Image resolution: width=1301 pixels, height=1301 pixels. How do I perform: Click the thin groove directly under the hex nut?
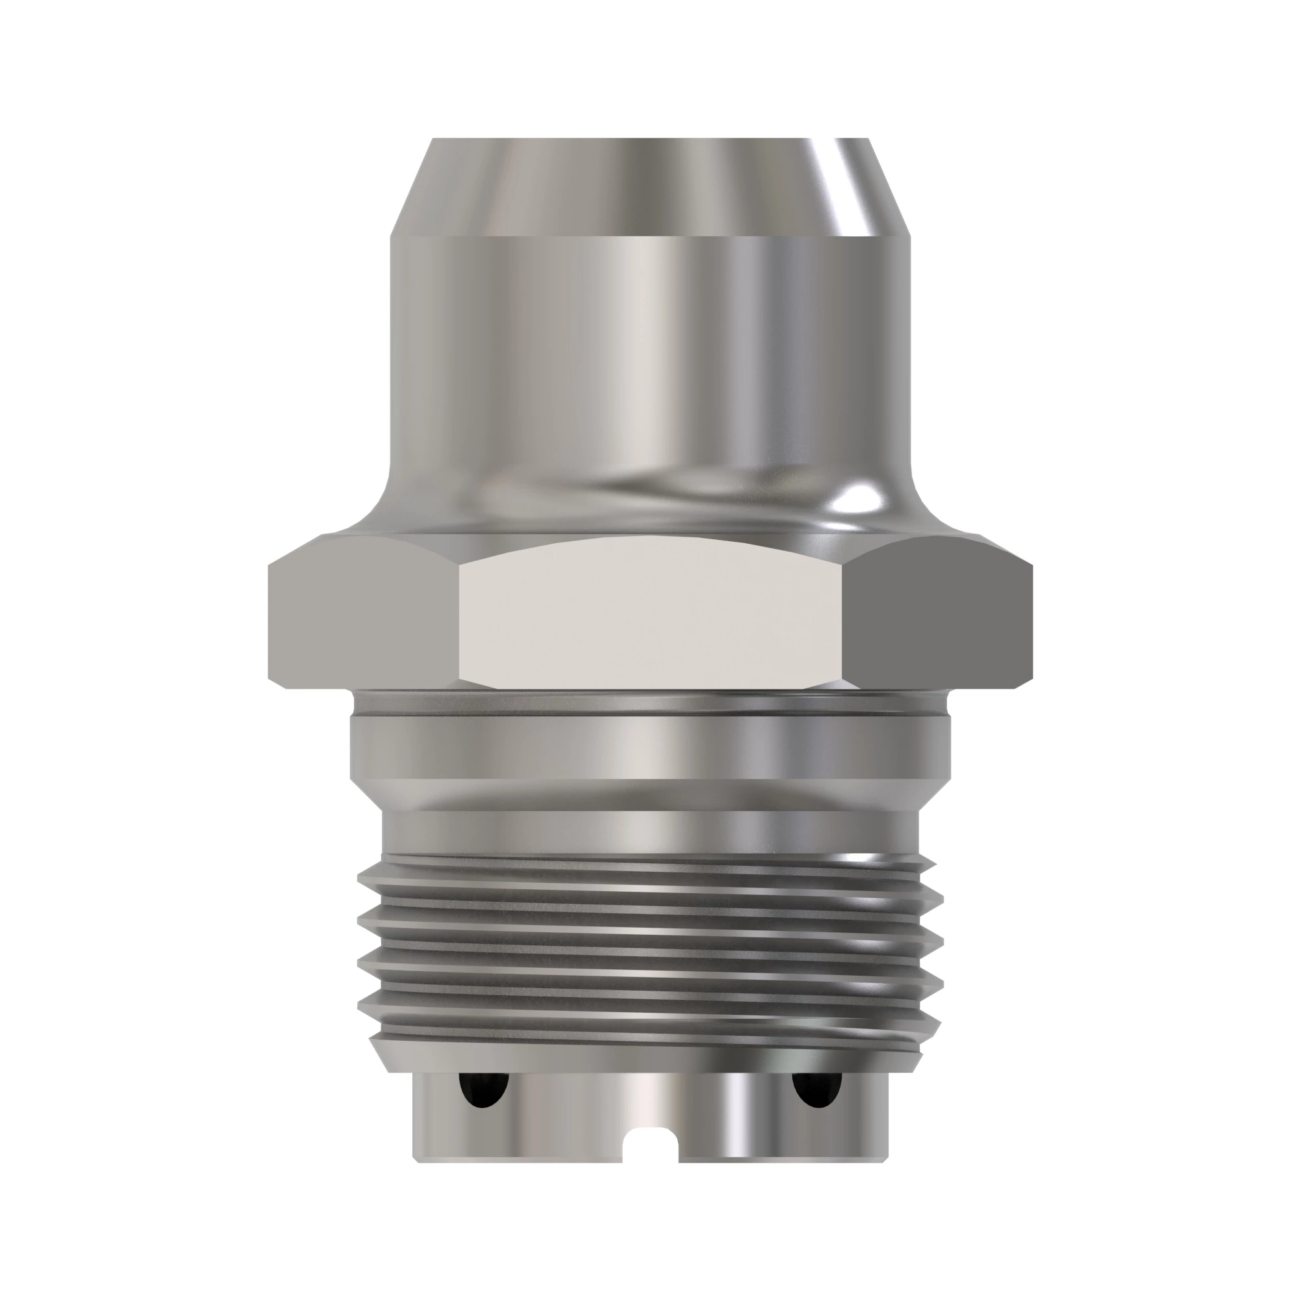[x=650, y=703]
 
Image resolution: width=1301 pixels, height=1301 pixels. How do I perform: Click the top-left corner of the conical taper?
[x=433, y=140]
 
